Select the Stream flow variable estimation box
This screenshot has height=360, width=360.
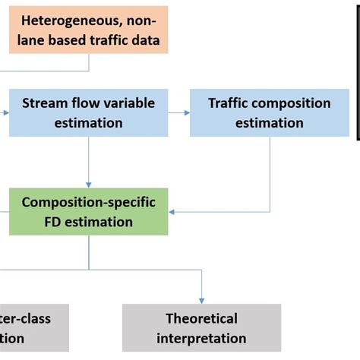pyautogui.click(x=90, y=112)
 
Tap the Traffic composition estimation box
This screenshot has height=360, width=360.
pyautogui.click(x=269, y=112)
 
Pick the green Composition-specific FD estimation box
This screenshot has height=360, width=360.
pyautogui.click(x=88, y=212)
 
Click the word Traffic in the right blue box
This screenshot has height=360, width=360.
pyautogui.click(x=232, y=103)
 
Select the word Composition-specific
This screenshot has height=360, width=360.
pyautogui.click(x=88, y=202)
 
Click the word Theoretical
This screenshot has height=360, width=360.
pyautogui.click(x=201, y=318)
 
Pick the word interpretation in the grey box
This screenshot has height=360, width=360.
pyautogui.click(x=201, y=339)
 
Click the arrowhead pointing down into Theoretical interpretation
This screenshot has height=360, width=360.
pyautogui.click(x=201, y=300)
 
